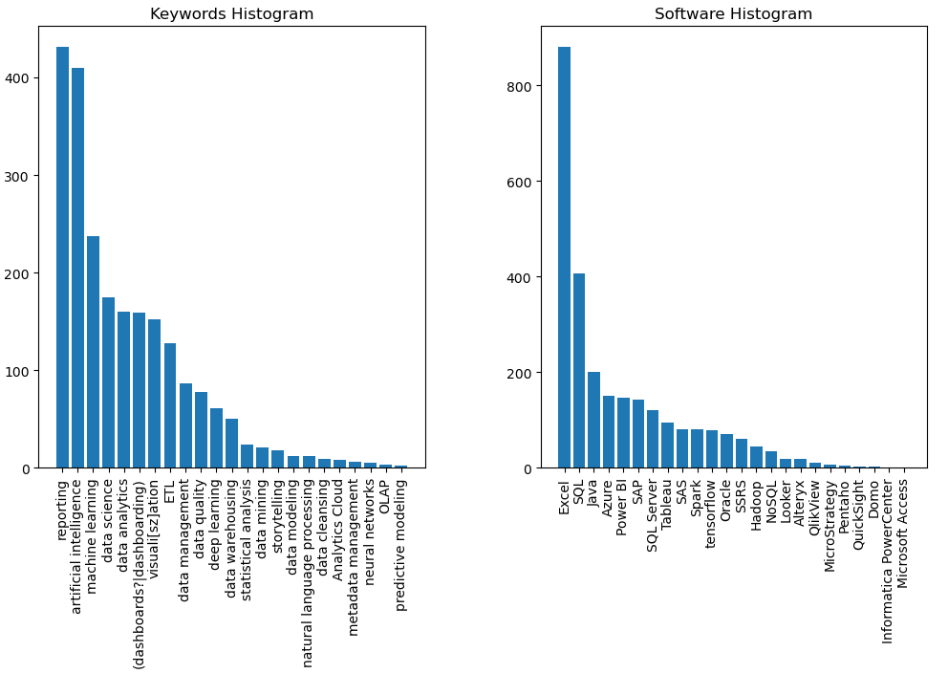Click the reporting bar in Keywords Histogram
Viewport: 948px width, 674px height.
tap(62, 257)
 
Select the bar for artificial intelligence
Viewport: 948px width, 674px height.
tap(77, 268)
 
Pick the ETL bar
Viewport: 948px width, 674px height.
tap(170, 405)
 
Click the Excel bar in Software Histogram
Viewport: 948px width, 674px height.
tap(564, 257)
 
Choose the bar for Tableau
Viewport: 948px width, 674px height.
tap(667, 446)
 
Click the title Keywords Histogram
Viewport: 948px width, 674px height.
tap(231, 14)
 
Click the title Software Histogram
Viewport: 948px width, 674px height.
tap(733, 14)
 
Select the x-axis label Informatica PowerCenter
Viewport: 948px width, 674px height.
tap(888, 561)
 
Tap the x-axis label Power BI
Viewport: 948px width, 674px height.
tap(623, 507)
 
